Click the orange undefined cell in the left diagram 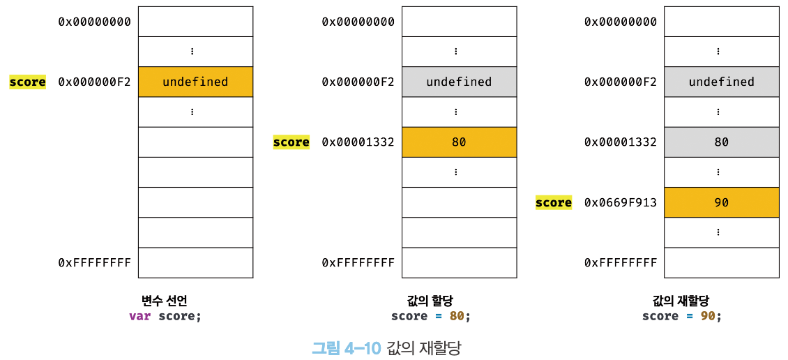click(195, 82)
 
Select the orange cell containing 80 click(460, 142)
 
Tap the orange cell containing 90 click(722, 202)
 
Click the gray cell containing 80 click(722, 142)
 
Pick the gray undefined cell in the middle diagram click(460, 82)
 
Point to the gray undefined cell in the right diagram click(722, 82)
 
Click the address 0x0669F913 click(621, 202)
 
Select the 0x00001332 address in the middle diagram click(358, 142)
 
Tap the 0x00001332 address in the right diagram click(621, 142)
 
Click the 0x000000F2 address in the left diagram click(94, 82)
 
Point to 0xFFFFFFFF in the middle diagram click(358, 262)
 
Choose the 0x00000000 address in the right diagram click(621, 22)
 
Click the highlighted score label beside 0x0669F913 click(554, 202)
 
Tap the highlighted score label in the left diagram click(28, 82)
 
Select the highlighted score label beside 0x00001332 click(291, 142)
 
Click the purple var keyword click(139, 317)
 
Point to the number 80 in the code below click(456, 317)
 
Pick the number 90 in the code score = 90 click(708, 317)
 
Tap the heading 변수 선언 click(165, 301)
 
